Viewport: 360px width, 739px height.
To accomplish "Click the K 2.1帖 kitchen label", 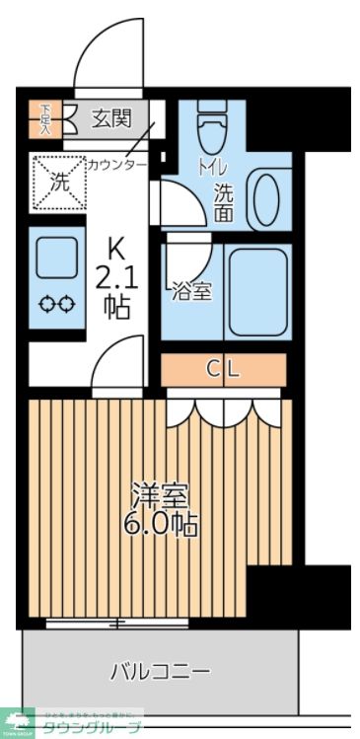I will pyautogui.click(x=115, y=277).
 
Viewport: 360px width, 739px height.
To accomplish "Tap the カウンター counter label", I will pyautogui.click(x=116, y=164).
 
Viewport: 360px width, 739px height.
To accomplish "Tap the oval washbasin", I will pyautogui.click(x=265, y=200).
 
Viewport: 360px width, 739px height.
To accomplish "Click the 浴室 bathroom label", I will pyautogui.click(x=190, y=291).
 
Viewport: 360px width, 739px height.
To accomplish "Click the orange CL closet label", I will pyautogui.click(x=223, y=370).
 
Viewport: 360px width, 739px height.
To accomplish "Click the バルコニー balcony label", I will pyautogui.click(x=159, y=673).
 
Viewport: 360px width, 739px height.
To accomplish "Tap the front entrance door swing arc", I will pyautogui.click(x=107, y=49).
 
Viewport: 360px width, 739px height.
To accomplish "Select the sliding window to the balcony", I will pyautogui.click(x=118, y=623).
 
